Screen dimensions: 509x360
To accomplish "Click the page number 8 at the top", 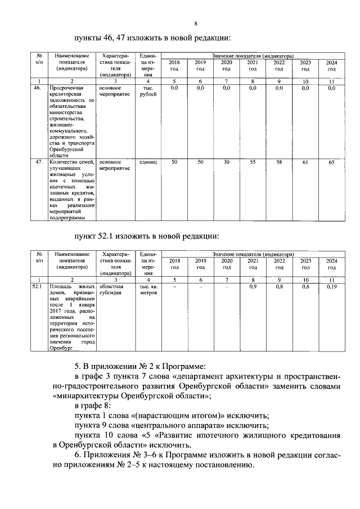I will point(196,23).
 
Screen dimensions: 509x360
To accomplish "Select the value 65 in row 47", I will point(331,163).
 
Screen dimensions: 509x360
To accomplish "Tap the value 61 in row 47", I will point(305,163).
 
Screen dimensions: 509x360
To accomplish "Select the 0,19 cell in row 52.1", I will point(331,287).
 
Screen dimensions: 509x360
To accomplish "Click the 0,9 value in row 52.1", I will point(253,287).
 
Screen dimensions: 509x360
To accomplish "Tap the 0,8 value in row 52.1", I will point(278,287).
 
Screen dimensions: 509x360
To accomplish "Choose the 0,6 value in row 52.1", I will point(305,287).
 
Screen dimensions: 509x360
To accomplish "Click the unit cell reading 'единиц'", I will point(148,162).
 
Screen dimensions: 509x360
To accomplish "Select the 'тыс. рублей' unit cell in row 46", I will point(148,92).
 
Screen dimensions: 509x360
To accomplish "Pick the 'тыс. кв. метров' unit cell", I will point(148,290).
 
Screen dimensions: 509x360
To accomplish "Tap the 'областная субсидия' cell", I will point(115,290).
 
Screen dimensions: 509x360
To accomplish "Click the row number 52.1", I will point(38,287).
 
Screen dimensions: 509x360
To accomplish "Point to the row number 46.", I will point(38,88).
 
